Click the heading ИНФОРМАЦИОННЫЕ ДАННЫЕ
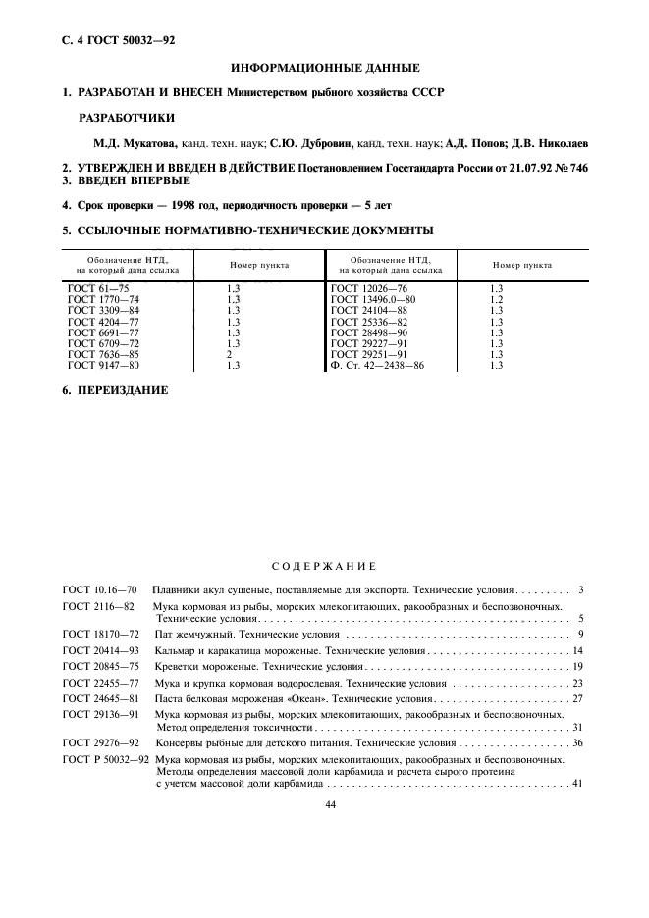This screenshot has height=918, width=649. pos(324,68)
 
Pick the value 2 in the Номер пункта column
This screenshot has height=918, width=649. pos(229,354)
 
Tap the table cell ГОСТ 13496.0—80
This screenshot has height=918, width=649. pos(373,299)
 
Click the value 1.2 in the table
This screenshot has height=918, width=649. pos(496,299)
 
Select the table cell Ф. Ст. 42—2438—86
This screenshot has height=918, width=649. pos(379,365)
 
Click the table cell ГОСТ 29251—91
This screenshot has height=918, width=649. pos(368,354)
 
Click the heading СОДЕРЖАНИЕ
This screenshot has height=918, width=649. pos(324,566)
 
